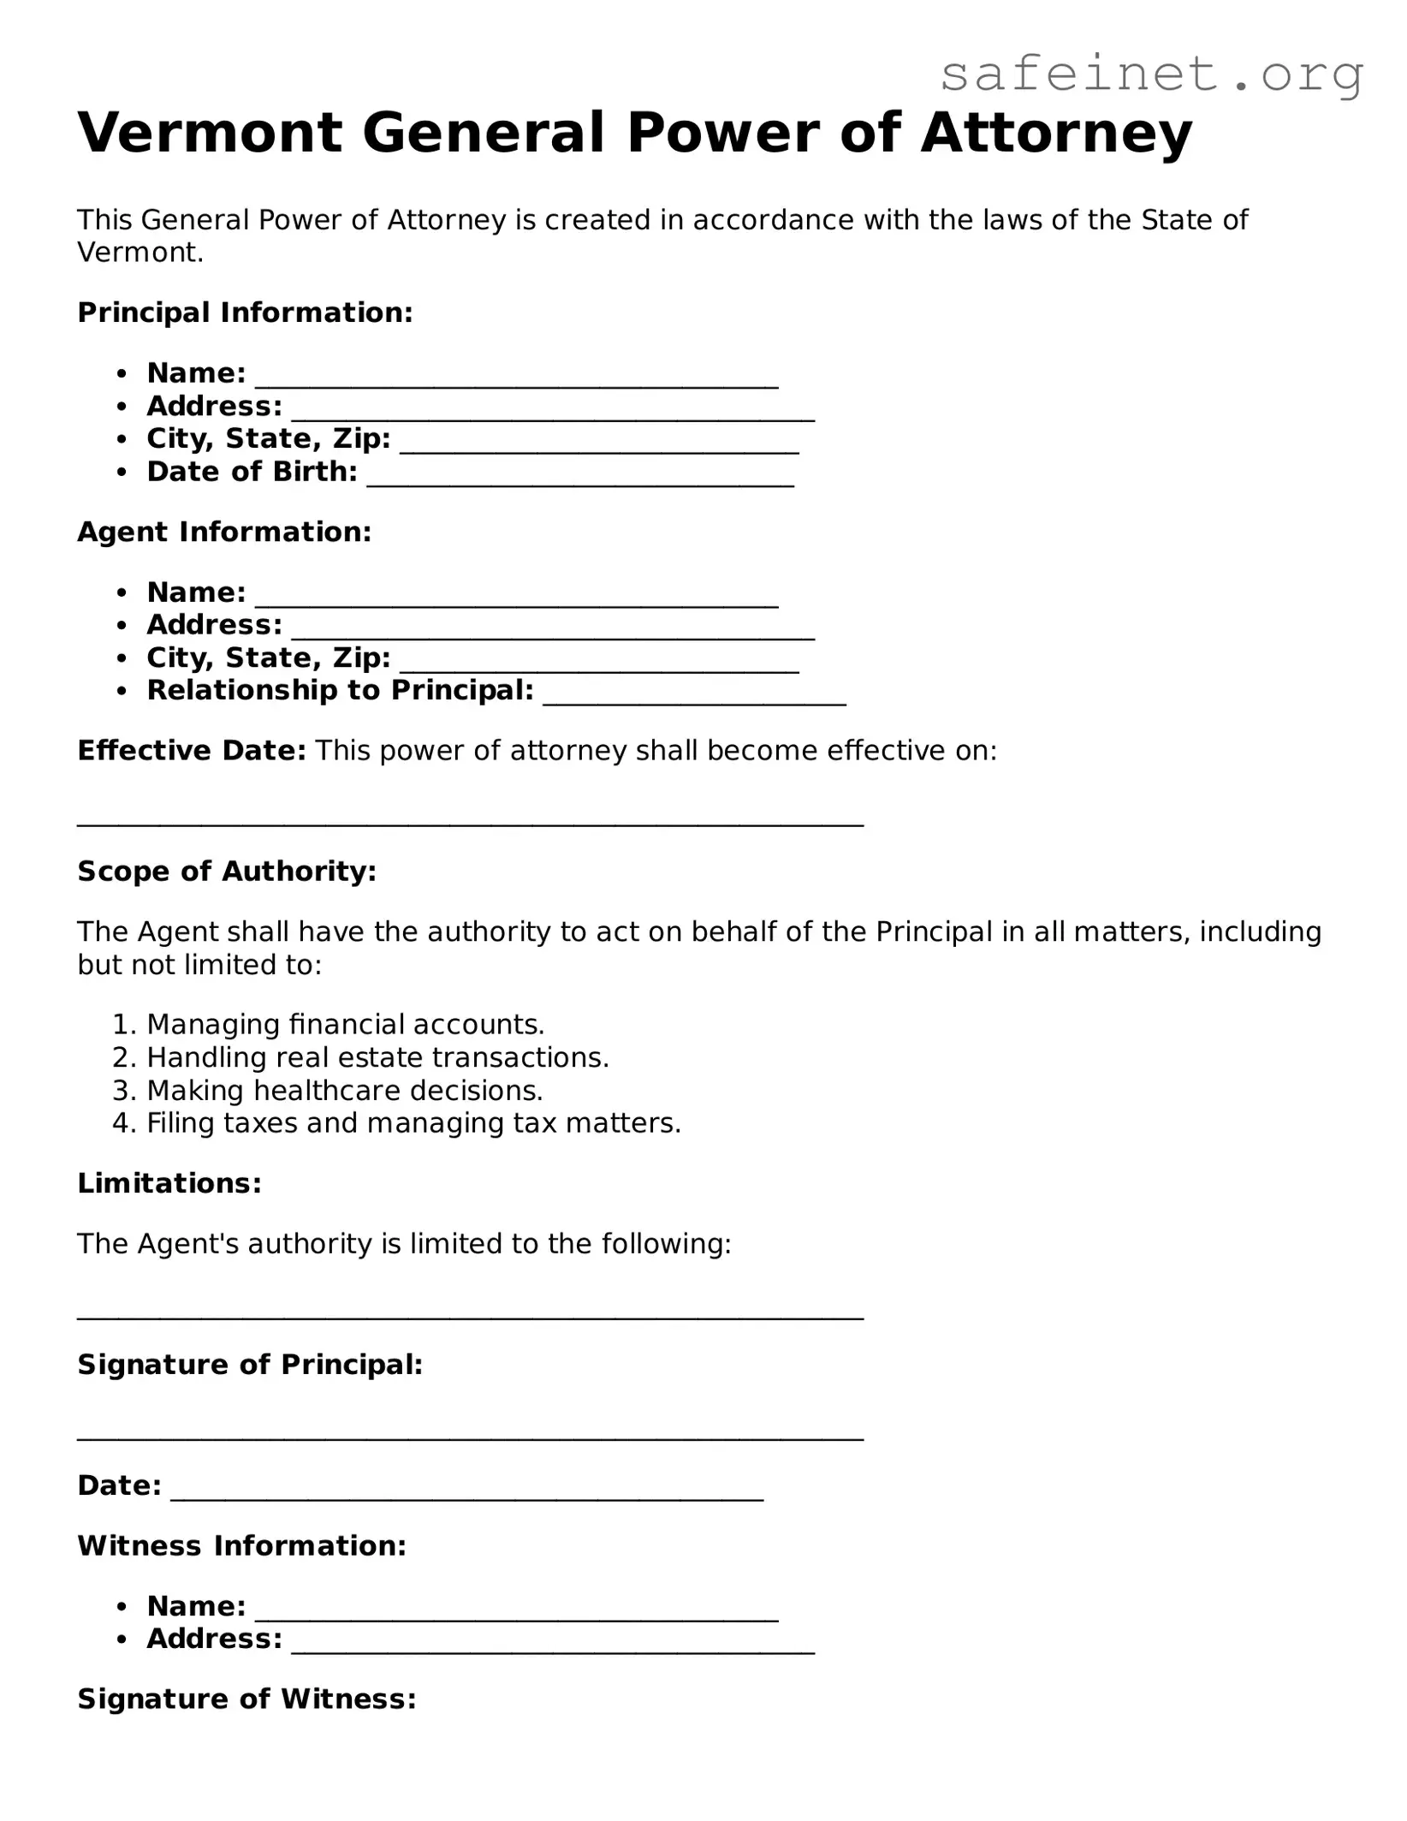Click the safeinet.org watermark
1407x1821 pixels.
click(x=1151, y=75)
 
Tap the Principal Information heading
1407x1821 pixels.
click(x=245, y=312)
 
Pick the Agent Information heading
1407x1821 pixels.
click(x=224, y=532)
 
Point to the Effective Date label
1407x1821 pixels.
click(x=191, y=751)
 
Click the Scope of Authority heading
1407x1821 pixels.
click(x=227, y=871)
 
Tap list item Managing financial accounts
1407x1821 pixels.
click(x=345, y=1024)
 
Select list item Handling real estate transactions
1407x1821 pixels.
click(x=377, y=1057)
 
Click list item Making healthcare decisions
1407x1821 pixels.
click(x=345, y=1090)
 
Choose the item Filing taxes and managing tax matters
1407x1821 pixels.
click(x=413, y=1122)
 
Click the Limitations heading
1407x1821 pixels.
click(x=169, y=1183)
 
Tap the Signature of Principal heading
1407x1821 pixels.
click(x=250, y=1365)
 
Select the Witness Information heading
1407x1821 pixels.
click(x=241, y=1545)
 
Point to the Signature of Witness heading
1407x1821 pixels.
click(x=246, y=1699)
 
